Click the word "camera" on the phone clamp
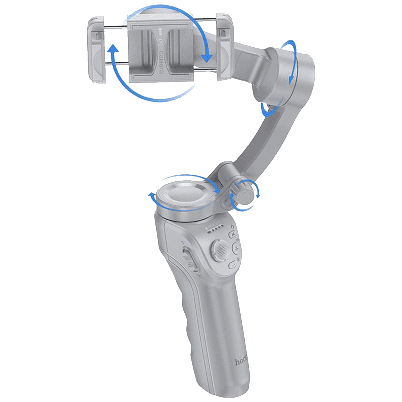coord(161,61)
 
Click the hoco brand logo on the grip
coord(241,362)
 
